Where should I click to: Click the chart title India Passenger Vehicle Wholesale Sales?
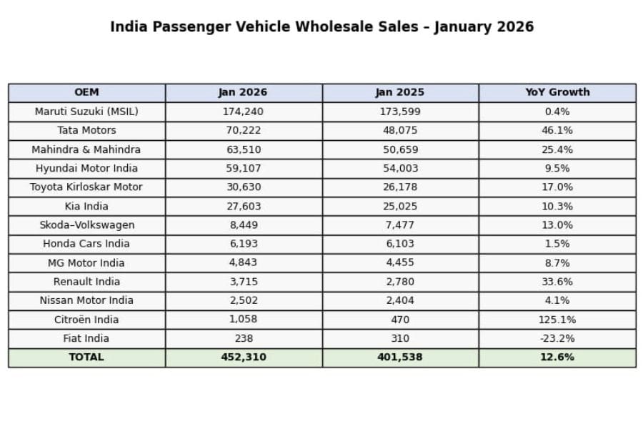click(x=321, y=27)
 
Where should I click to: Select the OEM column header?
click(x=86, y=92)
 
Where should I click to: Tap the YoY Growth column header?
click(x=557, y=92)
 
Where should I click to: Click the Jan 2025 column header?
click(x=400, y=92)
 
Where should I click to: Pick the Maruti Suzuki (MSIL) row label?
click(x=86, y=112)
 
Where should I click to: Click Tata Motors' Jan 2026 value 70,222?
click(x=243, y=130)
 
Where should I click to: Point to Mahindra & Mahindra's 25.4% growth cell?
click(x=557, y=149)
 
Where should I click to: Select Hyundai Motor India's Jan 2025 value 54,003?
click(x=400, y=168)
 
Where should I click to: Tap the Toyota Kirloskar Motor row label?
click(x=86, y=187)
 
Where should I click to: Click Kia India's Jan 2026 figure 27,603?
click(x=243, y=206)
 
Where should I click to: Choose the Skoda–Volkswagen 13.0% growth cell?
click(x=557, y=225)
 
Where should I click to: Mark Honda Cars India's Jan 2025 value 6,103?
click(x=400, y=244)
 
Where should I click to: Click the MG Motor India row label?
click(x=86, y=263)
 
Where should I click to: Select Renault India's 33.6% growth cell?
click(x=557, y=282)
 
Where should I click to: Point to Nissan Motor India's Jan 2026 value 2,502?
click(x=243, y=300)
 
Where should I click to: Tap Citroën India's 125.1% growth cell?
click(x=557, y=320)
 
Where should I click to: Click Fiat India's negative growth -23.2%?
click(x=557, y=338)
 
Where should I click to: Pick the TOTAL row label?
click(x=86, y=357)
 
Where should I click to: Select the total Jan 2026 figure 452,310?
click(x=243, y=357)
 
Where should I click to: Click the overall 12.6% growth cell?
click(x=557, y=357)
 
